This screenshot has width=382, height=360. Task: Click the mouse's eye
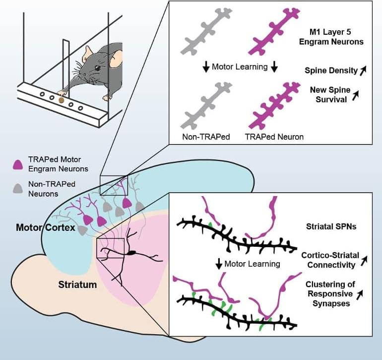98,68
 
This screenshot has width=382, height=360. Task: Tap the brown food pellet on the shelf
62,100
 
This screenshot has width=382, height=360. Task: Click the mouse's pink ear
116,61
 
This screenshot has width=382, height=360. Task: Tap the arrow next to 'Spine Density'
362,71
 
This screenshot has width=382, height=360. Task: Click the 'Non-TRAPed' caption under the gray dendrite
205,137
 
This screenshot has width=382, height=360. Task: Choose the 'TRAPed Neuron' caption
274,137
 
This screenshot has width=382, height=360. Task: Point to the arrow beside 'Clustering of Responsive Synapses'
361,294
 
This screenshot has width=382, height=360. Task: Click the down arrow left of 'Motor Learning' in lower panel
218,264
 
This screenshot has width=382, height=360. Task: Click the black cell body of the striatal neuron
131,253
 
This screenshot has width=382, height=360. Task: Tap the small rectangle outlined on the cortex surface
114,185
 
